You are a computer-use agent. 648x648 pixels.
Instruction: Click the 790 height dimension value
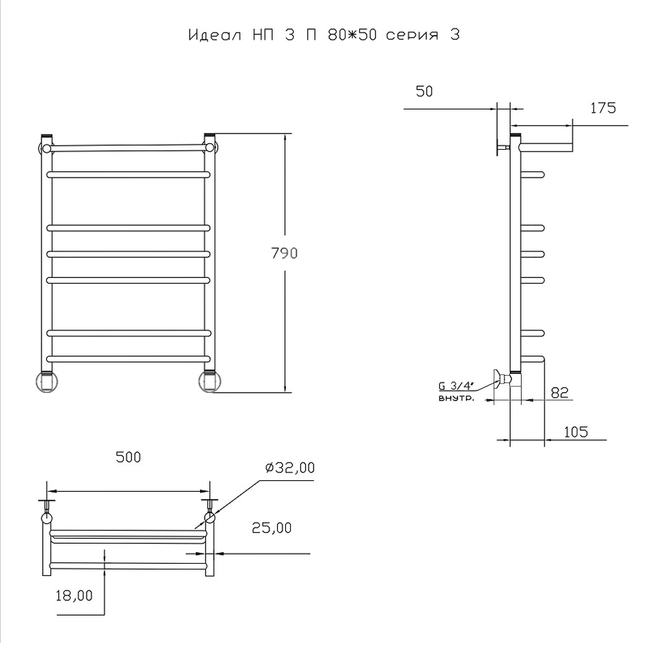pos(284,253)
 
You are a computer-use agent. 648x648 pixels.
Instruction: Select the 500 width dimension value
pos(128,457)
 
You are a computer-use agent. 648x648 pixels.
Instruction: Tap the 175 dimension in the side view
pos(603,108)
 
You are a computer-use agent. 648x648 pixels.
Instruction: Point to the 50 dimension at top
pos(424,91)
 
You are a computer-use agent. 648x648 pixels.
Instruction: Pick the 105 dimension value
pos(575,432)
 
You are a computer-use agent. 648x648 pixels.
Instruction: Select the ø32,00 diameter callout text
pos(290,468)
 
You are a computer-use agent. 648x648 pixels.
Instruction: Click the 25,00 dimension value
pos(272,528)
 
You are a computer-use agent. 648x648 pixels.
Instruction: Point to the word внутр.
pos(456,399)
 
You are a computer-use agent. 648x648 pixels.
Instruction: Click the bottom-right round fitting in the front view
pos(209,382)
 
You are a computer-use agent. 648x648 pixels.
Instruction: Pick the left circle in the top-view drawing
pos(47,518)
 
